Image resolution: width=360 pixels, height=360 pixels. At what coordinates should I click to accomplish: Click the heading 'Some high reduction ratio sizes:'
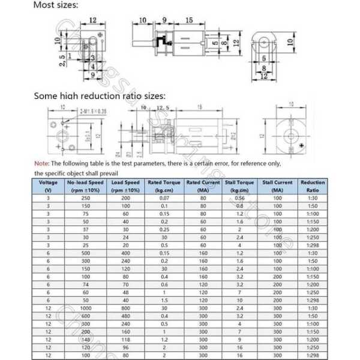pos(100,95)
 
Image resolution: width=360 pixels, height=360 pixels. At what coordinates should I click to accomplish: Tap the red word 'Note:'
pos(41,163)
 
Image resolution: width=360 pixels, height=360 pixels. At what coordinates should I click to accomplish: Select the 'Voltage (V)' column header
pos(49,186)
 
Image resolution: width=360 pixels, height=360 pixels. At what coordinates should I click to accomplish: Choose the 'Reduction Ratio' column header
pos(313,186)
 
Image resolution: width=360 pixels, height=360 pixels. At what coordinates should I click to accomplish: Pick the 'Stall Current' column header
pos(277,186)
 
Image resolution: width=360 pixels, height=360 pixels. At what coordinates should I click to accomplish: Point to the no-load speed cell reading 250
pos(86,198)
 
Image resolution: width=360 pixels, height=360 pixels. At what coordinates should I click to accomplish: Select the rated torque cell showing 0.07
pos(164,198)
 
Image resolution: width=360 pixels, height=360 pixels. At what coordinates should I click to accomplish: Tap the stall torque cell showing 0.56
pos(239,198)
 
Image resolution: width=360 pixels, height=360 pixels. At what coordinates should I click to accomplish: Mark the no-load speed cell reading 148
pos(86,338)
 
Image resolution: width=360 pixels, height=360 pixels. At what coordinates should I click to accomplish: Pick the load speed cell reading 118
pos(125,338)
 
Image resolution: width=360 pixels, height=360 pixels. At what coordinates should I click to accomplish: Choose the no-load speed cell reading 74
pos(86,284)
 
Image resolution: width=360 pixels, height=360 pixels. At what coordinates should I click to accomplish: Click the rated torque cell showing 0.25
pos(164,229)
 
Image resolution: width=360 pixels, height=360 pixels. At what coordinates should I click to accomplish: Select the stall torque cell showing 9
pos(239,338)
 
